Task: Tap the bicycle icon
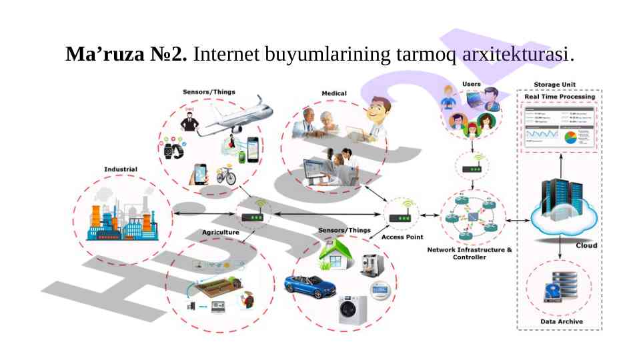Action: (226, 175)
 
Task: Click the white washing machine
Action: (352, 309)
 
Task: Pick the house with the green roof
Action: (336, 255)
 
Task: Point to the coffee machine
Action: (372, 264)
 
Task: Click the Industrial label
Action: (121, 169)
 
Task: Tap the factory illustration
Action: (122, 217)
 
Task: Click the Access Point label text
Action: (402, 237)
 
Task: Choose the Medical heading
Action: (334, 93)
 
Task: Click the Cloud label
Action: (586, 245)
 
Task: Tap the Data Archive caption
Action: (561, 322)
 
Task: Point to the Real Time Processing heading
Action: (560, 97)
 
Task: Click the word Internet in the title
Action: (226, 53)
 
